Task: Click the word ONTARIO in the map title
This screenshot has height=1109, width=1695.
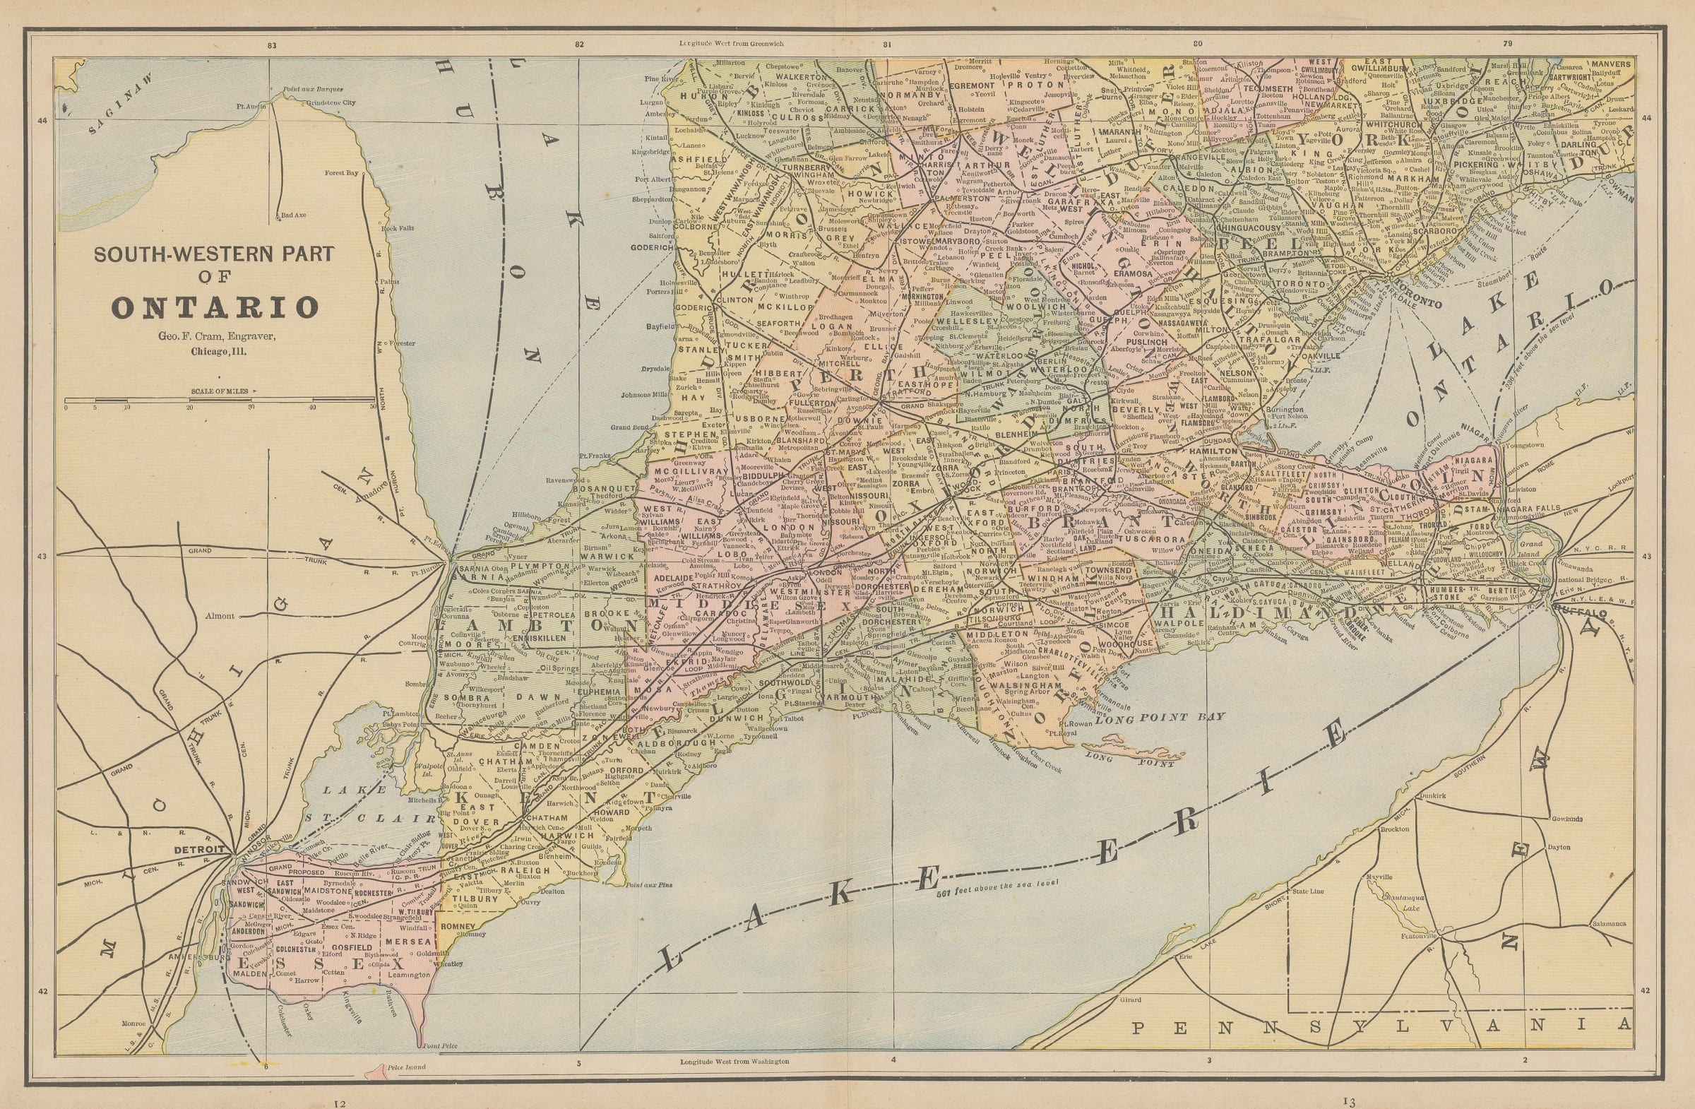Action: pos(215,308)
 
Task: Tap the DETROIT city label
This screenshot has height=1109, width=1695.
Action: pos(199,849)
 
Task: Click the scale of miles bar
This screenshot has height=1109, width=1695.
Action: pos(220,401)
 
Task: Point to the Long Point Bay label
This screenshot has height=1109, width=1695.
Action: pos(1160,717)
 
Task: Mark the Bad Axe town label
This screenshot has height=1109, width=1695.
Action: pos(292,215)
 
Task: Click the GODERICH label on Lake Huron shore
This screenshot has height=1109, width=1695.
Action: pos(652,247)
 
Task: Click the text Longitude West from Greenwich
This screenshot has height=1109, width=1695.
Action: pos(731,44)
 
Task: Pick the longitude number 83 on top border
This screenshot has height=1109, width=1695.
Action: pos(271,45)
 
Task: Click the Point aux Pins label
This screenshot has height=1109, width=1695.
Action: pos(649,885)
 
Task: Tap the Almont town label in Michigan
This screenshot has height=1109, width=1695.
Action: pos(219,616)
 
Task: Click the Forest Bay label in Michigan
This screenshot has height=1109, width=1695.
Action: pos(341,172)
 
